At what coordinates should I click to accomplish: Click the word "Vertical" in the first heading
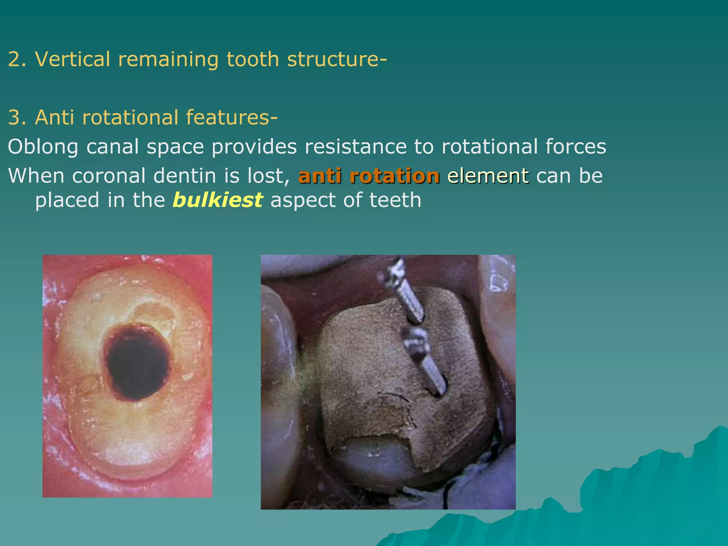pyautogui.click(x=73, y=59)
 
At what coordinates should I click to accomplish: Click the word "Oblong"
pyautogui.click(x=43, y=147)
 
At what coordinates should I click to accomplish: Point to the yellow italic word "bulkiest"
pyautogui.click(x=218, y=200)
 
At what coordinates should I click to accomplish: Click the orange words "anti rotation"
pyautogui.click(x=369, y=176)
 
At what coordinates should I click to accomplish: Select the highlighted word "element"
pyautogui.click(x=488, y=176)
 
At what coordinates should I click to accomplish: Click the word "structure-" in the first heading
pyautogui.click(x=337, y=59)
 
